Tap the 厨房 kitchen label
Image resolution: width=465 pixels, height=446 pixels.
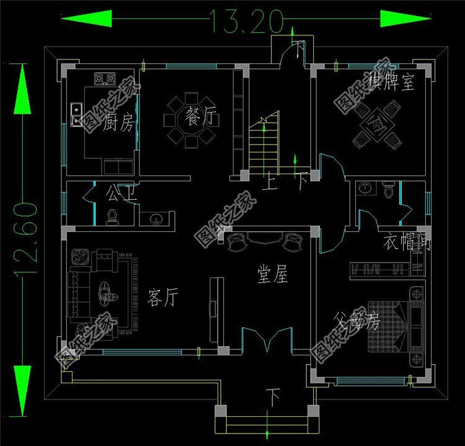click(119, 122)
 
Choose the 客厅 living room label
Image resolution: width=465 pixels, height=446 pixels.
click(162, 298)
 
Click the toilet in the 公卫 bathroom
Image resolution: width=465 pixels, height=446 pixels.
click(112, 215)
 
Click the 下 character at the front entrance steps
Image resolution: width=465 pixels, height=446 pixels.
click(272, 394)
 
